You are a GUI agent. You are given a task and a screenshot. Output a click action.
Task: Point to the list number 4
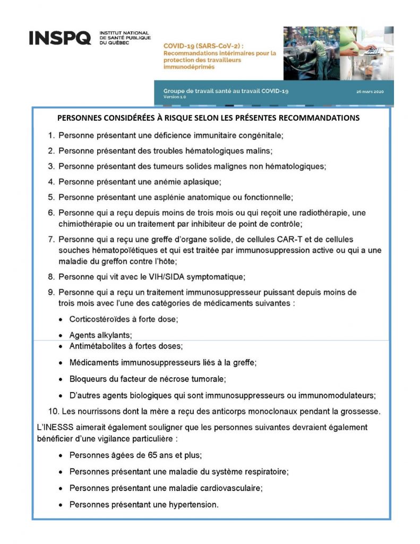coord(52,182)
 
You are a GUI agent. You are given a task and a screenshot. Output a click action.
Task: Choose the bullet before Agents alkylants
coord(62,335)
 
